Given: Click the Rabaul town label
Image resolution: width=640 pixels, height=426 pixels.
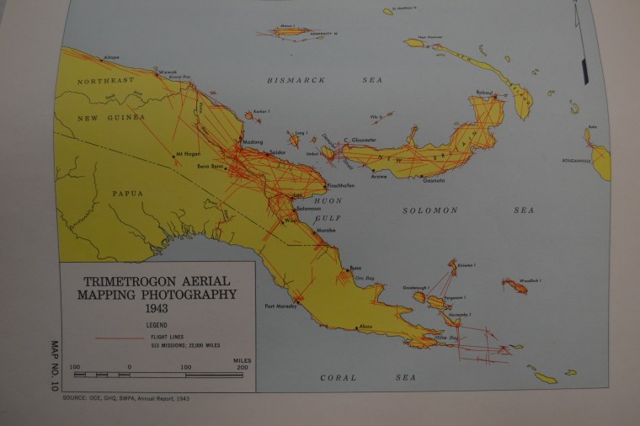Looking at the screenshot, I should coord(483,92).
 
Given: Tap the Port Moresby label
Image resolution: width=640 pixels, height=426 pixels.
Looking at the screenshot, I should coord(281,306).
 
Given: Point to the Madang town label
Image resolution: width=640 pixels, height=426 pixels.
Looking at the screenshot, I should coord(253,141).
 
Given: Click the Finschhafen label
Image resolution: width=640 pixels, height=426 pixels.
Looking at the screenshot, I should coord(340,185).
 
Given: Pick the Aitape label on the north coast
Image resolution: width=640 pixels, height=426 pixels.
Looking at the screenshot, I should coord(111,58).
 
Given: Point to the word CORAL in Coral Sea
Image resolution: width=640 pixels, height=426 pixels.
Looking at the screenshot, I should coord(339,378).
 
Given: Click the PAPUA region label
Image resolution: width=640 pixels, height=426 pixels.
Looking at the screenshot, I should coord(127,193).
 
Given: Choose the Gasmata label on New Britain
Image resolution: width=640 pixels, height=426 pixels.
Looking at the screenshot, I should coord(434,180).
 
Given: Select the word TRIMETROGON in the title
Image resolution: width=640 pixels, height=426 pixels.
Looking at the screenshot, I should coord(126,282).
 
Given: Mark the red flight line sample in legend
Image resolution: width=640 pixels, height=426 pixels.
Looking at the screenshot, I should coord(120,337).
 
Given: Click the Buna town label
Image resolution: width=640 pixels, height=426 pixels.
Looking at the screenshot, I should coord(355,268).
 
